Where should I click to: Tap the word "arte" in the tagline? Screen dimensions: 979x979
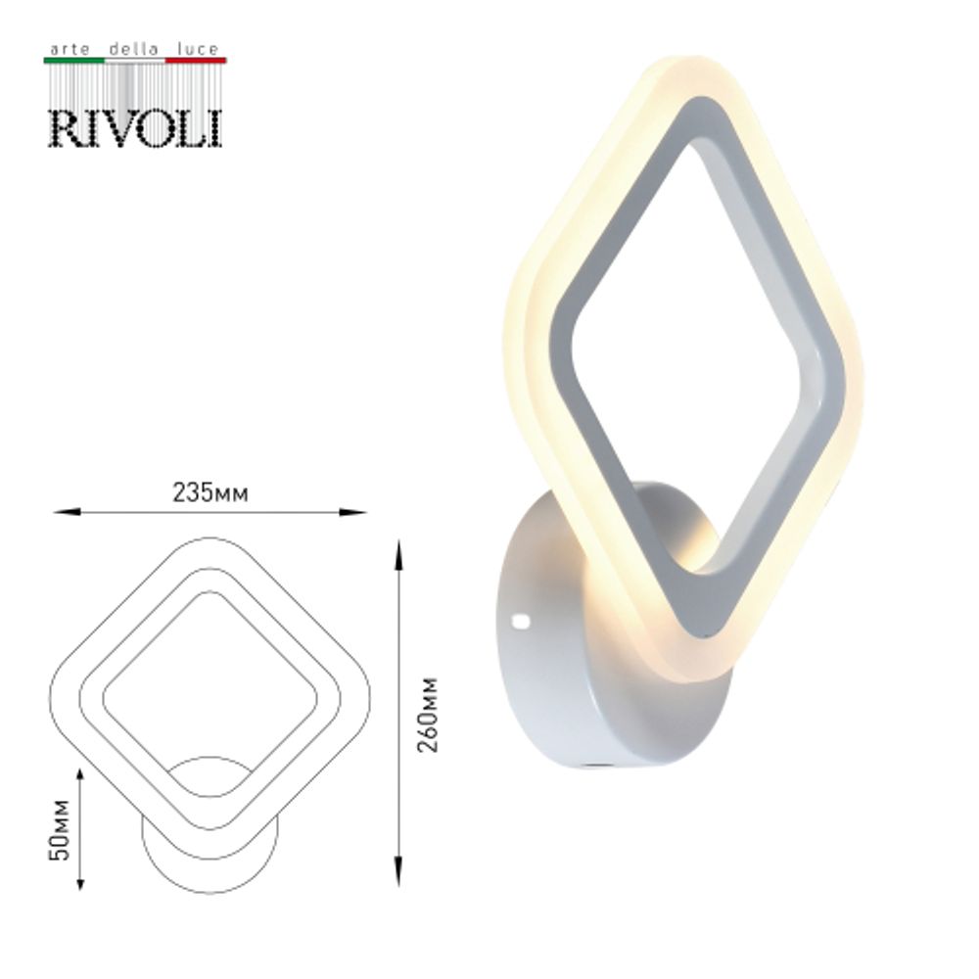67,48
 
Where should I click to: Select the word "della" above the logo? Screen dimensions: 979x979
133,48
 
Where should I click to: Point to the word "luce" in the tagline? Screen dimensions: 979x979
200,48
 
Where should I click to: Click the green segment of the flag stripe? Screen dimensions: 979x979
73,61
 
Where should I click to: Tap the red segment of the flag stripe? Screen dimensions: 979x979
196,61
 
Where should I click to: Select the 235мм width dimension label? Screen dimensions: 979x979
210,493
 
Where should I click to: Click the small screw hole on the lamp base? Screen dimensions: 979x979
520,620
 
